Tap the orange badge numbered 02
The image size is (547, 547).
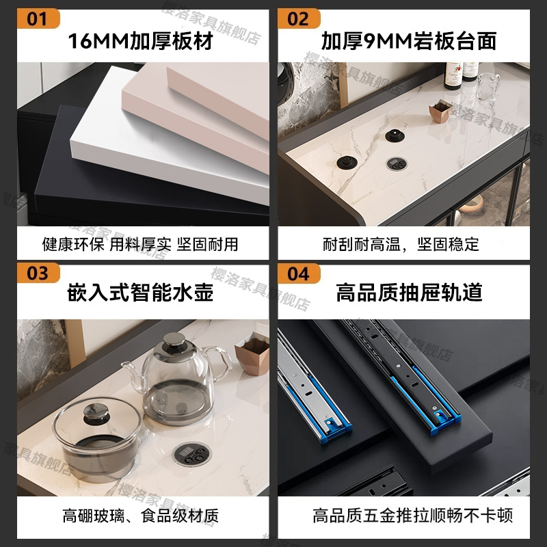pyautogui.click(x=299, y=18)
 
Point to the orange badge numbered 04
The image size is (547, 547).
pyautogui.click(x=299, y=273)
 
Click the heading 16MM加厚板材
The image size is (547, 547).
pyautogui.click(x=139, y=41)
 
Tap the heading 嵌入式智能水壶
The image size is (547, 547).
pyautogui.click(x=140, y=293)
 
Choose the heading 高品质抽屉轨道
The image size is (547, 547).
pyautogui.click(x=409, y=293)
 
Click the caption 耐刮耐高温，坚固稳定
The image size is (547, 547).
pyautogui.click(x=401, y=244)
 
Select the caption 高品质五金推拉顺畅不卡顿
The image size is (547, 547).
pyautogui.click(x=412, y=514)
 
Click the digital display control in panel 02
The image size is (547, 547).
pyautogui.click(x=396, y=163)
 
